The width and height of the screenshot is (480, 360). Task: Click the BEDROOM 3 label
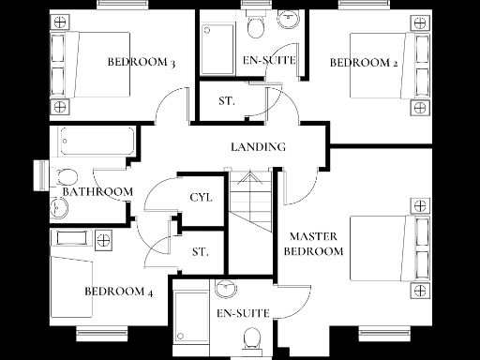(142, 63)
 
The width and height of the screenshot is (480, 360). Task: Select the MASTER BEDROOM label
(313, 244)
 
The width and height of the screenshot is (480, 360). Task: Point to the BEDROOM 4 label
(119, 291)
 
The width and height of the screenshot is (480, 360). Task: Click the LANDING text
(259, 147)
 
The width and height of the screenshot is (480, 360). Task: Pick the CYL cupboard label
(201, 198)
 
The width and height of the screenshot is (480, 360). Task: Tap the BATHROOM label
(97, 192)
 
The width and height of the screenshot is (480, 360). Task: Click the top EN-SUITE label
(269, 61)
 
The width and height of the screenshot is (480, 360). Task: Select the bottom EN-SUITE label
(244, 313)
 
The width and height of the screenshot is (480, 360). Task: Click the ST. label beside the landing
(227, 100)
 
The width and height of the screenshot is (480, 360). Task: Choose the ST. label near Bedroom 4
(200, 252)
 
